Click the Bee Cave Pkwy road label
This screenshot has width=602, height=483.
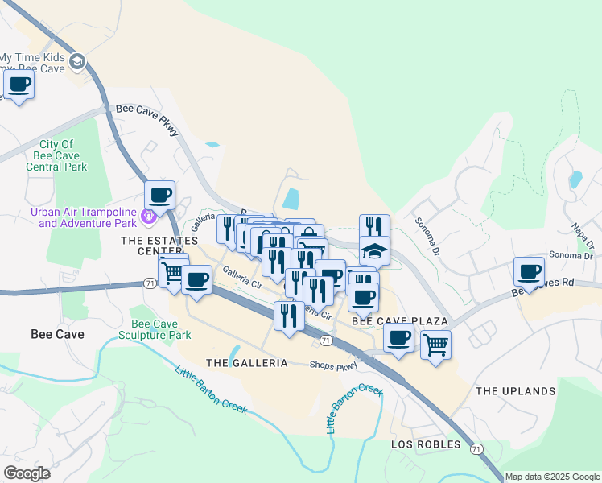148,120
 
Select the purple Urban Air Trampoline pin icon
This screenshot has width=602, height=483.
147,216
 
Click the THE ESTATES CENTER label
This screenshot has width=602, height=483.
159,246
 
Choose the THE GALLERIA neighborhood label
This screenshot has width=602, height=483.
247,363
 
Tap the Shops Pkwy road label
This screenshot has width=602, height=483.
333,365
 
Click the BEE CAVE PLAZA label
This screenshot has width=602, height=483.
399,321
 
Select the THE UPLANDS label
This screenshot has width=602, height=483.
515,391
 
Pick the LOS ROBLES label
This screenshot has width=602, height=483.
426,444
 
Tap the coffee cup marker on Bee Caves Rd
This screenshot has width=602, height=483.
529,271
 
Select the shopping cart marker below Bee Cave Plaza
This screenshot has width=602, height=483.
435,345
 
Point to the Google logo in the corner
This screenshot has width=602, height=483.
27,473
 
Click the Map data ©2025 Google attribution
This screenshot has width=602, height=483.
552,477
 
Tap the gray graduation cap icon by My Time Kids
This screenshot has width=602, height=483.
76,62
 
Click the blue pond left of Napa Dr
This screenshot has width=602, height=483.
575,179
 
